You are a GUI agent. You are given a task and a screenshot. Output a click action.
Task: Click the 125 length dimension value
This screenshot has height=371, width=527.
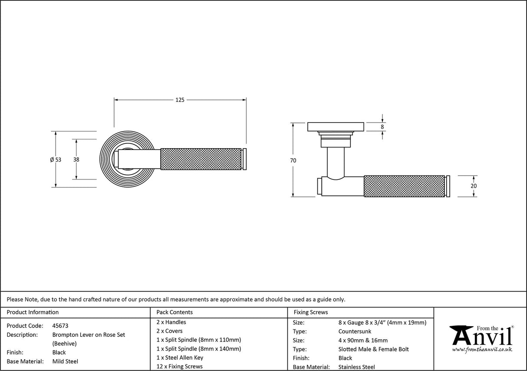(180, 100)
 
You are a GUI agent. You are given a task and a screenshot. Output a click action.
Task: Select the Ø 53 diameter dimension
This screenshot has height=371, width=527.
(56, 159)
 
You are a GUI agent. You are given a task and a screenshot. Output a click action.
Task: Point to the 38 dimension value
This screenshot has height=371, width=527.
(76, 159)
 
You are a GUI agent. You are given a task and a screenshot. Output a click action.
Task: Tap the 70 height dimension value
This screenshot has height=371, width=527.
(293, 160)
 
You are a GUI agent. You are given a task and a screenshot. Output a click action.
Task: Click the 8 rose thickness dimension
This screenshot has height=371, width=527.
(382, 127)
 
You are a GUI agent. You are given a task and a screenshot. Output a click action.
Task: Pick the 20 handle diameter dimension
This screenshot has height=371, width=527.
(474, 186)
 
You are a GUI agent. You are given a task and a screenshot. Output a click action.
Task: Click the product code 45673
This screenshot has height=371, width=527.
(60, 326)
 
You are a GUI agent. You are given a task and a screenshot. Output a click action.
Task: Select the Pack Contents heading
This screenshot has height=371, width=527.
(175, 312)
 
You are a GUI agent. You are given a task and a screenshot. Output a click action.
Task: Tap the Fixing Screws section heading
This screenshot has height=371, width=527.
(311, 312)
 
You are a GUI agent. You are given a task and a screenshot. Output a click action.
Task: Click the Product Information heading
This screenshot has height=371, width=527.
(33, 312)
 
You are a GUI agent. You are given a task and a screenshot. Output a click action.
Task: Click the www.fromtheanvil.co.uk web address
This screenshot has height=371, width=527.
(482, 349)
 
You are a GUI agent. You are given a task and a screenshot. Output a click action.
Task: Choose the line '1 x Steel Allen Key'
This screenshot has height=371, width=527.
(180, 358)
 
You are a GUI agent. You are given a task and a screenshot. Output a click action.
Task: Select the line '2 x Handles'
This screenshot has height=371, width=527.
(171, 322)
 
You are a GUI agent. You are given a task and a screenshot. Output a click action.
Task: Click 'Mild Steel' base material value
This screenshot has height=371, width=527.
(65, 361)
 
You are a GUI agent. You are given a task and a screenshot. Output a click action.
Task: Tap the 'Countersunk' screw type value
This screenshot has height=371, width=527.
(355, 331)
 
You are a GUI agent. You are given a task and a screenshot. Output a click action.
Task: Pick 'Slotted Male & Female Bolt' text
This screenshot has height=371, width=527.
(373, 349)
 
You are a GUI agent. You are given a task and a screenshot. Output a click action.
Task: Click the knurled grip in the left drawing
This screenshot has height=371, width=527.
(201, 159)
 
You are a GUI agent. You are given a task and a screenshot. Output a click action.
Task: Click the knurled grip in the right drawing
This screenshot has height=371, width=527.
(404, 186)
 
